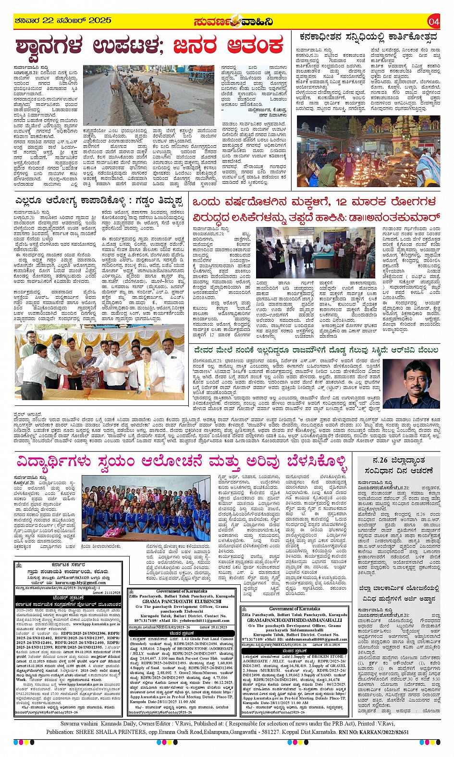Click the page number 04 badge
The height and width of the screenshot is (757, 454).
(433, 21)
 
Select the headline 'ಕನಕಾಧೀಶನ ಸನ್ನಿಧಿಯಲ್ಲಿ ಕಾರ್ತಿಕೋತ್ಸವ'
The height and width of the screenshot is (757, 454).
(368, 37)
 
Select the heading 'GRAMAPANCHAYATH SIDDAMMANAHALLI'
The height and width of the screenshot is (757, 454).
(294, 620)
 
